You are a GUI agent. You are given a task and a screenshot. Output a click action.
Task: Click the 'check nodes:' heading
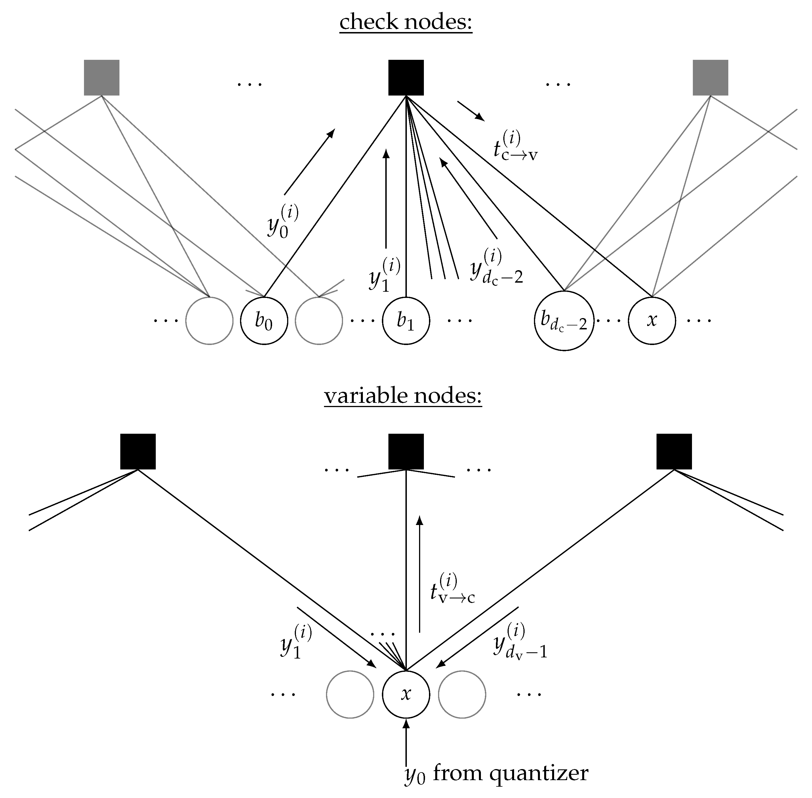[406, 22]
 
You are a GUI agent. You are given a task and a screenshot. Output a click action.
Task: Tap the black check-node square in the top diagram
[406, 78]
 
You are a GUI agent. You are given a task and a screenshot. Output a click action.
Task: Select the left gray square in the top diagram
[102, 78]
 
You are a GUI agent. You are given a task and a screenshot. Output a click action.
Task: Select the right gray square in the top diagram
[710, 78]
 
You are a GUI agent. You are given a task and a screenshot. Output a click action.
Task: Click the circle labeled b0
[264, 321]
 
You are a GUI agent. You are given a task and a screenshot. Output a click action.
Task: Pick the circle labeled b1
[406, 321]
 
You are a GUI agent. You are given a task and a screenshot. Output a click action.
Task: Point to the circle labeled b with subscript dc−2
[564, 321]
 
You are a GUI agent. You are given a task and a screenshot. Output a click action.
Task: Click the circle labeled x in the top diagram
[652, 321]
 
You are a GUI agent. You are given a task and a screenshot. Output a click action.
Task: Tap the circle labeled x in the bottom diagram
[406, 694]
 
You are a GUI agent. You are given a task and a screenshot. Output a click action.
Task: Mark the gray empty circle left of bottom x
[350, 694]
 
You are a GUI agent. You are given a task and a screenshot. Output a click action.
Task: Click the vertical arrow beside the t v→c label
[419, 574]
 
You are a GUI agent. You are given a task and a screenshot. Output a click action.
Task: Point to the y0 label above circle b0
[283, 222]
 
